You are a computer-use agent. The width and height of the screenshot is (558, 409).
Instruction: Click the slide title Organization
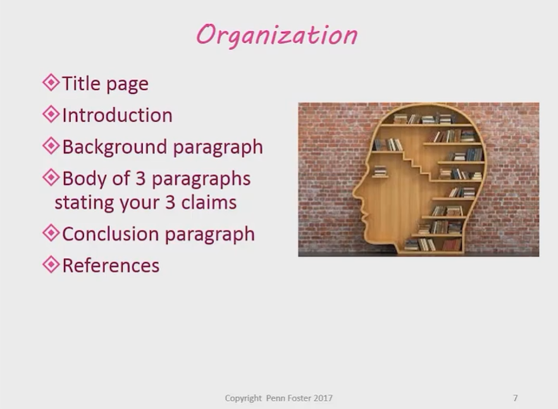277,35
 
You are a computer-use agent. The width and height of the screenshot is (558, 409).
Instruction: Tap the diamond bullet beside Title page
51,83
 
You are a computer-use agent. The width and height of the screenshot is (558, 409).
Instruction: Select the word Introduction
118,115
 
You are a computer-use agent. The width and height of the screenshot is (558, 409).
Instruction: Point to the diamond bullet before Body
51,178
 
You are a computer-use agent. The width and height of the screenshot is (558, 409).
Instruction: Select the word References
111,265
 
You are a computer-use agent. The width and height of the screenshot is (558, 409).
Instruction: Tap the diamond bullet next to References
51,264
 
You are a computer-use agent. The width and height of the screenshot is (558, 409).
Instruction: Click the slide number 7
515,398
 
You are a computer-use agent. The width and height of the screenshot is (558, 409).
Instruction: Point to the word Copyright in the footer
243,398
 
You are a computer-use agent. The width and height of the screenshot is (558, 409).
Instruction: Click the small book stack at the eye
380,171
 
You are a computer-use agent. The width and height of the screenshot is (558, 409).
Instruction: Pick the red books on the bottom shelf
452,245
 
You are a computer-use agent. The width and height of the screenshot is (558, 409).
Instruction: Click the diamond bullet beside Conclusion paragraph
51,233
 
